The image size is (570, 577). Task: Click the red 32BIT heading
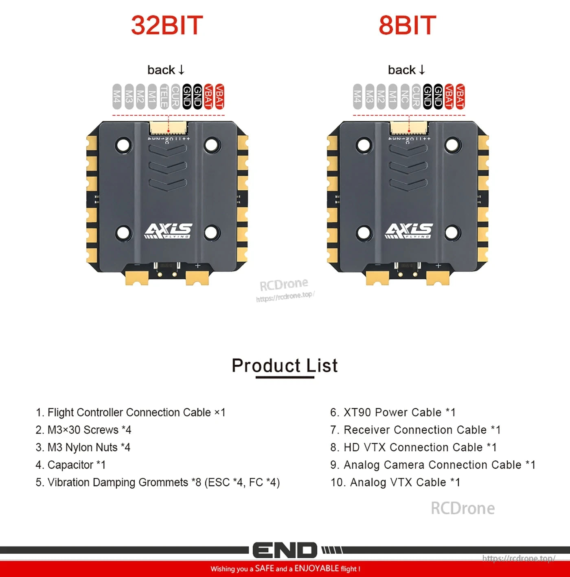click(x=167, y=25)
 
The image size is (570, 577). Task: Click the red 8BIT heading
click(x=407, y=25)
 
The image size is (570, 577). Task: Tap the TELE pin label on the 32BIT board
click(x=164, y=97)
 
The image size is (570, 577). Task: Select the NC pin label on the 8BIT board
click(x=404, y=97)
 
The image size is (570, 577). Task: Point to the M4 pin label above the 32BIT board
click(x=117, y=97)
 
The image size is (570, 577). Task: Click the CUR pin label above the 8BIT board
click(x=416, y=97)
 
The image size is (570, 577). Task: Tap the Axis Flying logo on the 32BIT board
click(x=168, y=231)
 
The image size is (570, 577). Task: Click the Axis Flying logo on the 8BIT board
click(x=409, y=231)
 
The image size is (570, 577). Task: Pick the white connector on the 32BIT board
click(x=168, y=128)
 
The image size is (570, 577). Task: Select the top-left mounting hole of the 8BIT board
click(x=363, y=144)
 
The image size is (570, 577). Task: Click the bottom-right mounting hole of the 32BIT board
click(x=211, y=233)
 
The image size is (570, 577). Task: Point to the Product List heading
click(x=285, y=366)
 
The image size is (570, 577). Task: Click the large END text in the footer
click(x=285, y=551)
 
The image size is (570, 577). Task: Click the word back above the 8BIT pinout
click(x=401, y=70)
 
